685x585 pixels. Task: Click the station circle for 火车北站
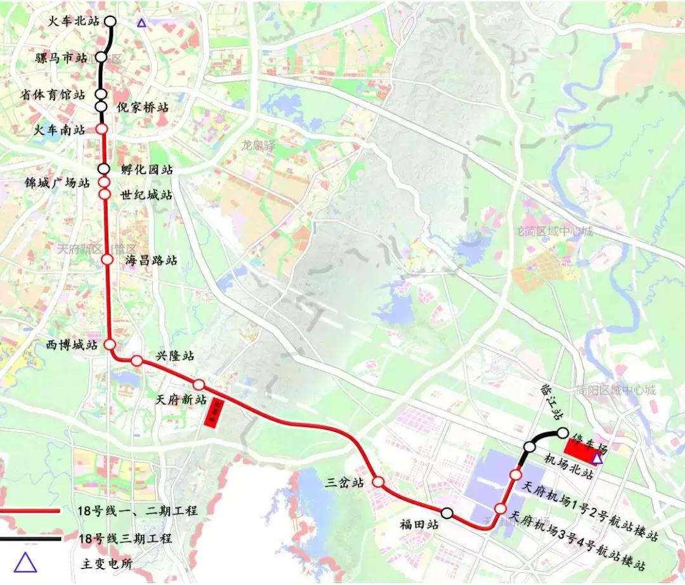(x=110, y=21)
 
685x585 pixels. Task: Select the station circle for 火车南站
(x=101, y=129)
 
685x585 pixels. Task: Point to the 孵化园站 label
(x=147, y=170)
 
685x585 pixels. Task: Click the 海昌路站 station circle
(x=107, y=260)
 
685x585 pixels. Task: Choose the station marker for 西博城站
(x=110, y=345)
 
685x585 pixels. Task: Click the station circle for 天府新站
(x=199, y=385)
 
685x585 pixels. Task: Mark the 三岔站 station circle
(x=378, y=482)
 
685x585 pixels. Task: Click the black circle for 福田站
(x=447, y=513)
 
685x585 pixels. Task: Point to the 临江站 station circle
(x=562, y=433)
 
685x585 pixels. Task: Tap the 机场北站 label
(x=569, y=473)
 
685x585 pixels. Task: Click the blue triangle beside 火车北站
(x=142, y=23)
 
